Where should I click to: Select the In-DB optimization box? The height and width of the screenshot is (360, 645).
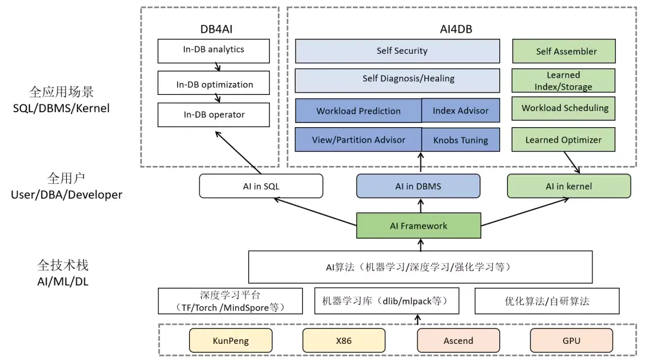(213, 84)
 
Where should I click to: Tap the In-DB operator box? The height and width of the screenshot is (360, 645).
(213, 115)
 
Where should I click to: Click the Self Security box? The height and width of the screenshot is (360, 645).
(397, 51)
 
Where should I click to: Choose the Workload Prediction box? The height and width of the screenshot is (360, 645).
(358, 110)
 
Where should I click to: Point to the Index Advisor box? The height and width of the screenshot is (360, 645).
(460, 110)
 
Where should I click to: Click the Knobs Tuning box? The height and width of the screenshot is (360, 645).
(460, 140)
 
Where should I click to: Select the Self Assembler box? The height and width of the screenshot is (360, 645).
(564, 51)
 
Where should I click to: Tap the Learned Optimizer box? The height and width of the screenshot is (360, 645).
(564, 140)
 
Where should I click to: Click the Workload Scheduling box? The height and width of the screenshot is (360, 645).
(564, 108)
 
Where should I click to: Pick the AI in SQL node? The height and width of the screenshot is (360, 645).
(261, 186)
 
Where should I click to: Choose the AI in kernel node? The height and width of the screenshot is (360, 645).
(569, 186)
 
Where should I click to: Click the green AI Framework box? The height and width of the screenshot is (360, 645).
(419, 226)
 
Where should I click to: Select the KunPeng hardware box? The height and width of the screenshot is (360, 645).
(231, 341)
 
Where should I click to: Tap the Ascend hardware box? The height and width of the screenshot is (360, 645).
(458, 341)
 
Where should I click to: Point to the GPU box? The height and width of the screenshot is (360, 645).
(571, 341)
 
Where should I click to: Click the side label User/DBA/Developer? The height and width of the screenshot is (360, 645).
(66, 194)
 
